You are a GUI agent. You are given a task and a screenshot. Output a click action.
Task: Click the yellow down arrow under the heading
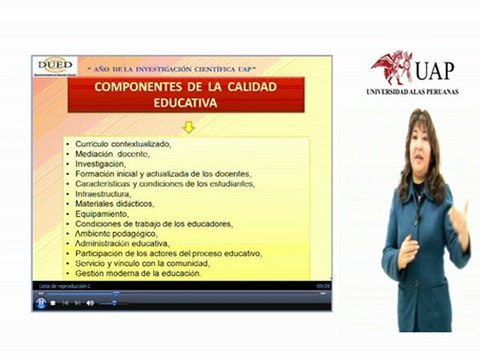point(187,127)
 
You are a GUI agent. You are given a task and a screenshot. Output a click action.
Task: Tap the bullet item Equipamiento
point(103,214)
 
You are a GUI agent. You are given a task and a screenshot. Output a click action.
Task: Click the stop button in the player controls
point(53,303)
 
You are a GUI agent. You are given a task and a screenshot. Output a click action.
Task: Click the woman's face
point(419,144)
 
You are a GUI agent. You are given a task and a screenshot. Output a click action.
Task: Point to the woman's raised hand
point(459,218)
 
